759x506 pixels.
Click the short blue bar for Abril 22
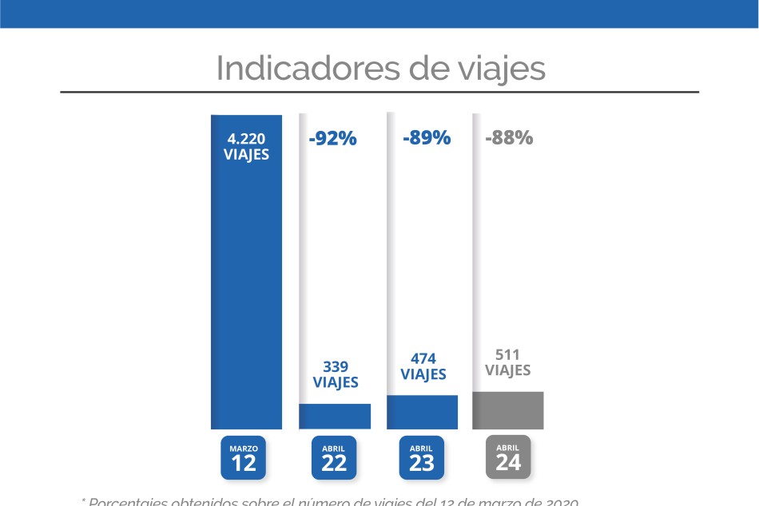tap(335, 416)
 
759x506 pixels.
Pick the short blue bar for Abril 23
tap(422, 412)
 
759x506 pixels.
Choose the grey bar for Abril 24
tap(508, 410)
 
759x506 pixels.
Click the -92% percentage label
tap(332, 138)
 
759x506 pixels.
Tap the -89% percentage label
tap(427, 137)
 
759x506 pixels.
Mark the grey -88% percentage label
tap(508, 137)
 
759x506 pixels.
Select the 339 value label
tap(335, 366)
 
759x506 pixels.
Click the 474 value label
tap(423, 357)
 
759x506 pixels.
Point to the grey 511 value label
tap(508, 354)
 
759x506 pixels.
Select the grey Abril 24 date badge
tap(507, 457)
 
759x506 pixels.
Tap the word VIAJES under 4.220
tap(246, 155)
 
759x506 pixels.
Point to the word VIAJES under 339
tap(335, 382)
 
